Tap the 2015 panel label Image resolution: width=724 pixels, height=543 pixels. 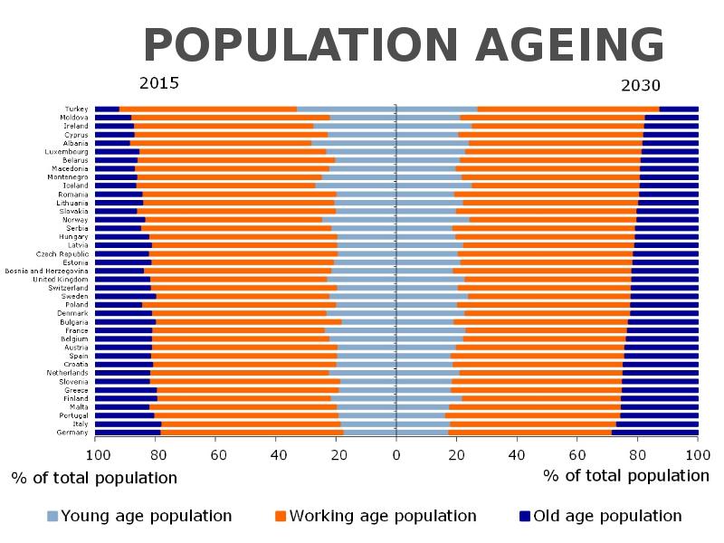(x=159, y=84)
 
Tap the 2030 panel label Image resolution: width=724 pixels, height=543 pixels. (x=641, y=87)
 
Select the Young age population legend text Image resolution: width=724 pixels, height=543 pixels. (x=146, y=516)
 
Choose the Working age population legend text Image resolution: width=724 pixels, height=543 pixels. (x=383, y=516)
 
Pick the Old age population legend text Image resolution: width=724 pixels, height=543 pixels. (x=607, y=516)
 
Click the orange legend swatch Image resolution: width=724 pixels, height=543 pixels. (x=280, y=516)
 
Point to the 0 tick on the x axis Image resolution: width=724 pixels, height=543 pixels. (x=396, y=455)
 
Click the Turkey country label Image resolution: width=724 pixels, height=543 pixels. (x=77, y=109)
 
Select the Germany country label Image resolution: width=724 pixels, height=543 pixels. (x=73, y=433)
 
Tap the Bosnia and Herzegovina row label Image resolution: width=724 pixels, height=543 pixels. (x=47, y=271)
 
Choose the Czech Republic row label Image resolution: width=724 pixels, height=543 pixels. (x=62, y=254)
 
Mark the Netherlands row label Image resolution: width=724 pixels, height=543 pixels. (x=67, y=373)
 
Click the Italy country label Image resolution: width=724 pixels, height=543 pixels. (x=80, y=424)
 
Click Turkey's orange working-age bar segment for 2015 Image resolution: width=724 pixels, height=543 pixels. (x=208, y=109)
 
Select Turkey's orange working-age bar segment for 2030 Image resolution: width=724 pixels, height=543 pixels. (x=568, y=109)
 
